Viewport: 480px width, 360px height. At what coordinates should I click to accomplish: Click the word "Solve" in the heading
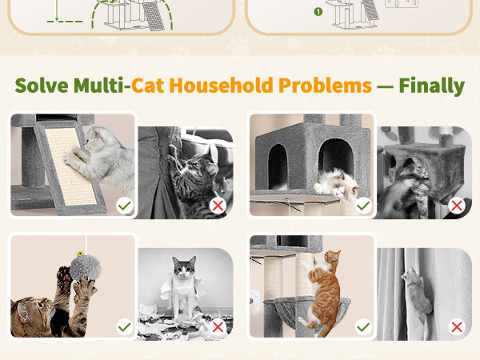tap(42, 86)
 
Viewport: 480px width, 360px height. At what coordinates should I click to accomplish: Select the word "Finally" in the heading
tap(432, 86)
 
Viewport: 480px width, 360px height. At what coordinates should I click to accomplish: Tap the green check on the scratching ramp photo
tap(125, 206)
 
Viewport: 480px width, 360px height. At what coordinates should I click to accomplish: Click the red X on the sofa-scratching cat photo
tap(218, 206)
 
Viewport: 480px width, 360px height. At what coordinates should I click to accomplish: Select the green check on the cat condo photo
tap(363, 206)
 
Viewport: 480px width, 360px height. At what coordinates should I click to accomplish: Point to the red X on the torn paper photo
tap(218, 327)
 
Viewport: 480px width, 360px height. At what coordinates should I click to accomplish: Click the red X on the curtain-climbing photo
tap(457, 327)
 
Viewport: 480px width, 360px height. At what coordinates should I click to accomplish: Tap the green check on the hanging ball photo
tap(125, 327)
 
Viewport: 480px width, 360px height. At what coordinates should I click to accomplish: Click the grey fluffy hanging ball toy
tap(86, 268)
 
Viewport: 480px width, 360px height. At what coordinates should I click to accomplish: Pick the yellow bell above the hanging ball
tap(80, 254)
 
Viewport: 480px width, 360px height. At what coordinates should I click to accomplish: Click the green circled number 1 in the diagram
tap(318, 12)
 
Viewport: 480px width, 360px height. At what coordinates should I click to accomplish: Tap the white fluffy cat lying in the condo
tap(337, 183)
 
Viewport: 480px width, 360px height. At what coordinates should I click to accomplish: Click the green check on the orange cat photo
tap(363, 327)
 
